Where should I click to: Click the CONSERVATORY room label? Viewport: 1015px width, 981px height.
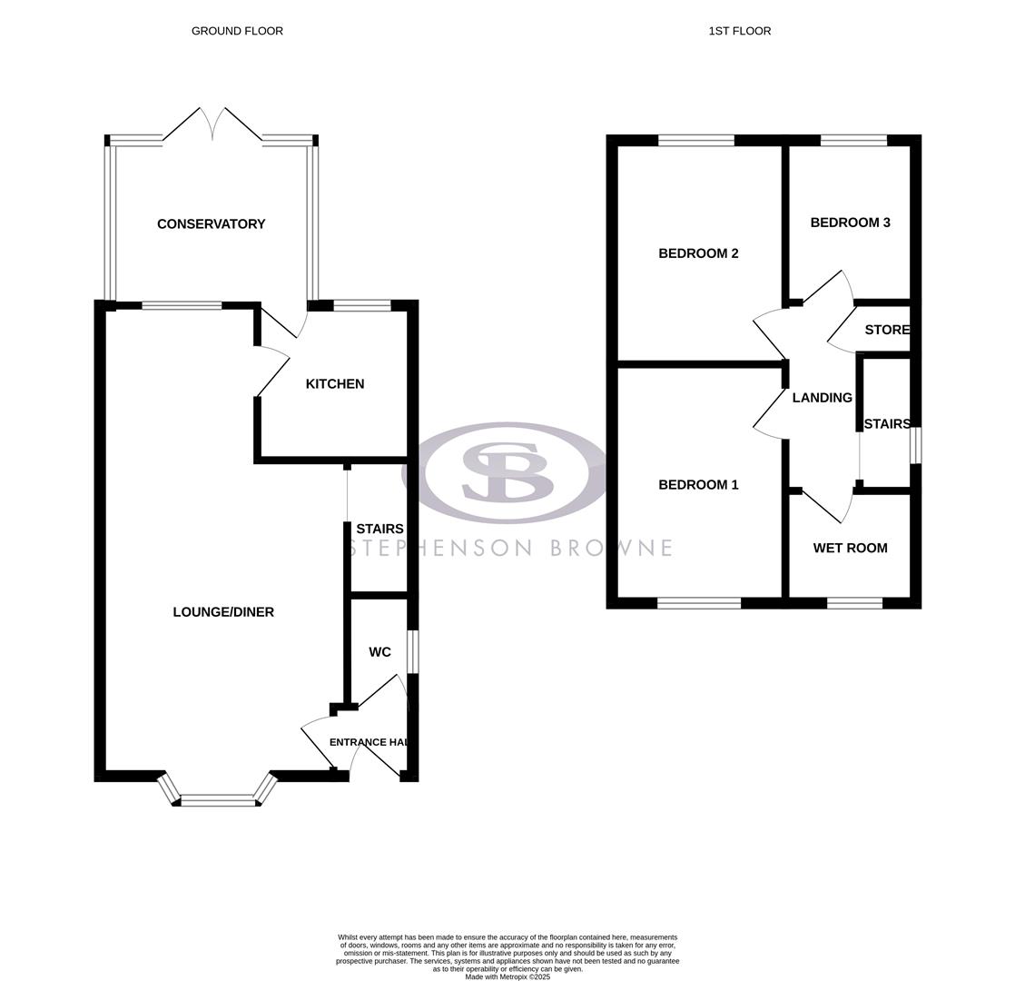coord(211,224)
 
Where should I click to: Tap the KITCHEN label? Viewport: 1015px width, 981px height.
coord(335,384)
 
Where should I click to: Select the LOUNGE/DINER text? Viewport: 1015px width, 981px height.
coord(223,612)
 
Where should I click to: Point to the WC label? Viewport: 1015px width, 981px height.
coord(379,652)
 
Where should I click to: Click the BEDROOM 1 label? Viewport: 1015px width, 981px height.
coord(698,485)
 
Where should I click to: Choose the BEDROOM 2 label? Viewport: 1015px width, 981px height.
coord(698,253)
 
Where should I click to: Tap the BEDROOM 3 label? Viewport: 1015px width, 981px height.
coord(850,223)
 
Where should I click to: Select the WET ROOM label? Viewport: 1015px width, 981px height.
coord(850,548)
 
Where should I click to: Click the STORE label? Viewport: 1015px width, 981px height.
coord(886,330)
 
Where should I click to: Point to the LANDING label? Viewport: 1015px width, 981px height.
coord(822,398)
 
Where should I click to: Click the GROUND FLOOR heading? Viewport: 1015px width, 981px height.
coord(237,31)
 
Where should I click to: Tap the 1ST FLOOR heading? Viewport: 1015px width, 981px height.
coord(739,31)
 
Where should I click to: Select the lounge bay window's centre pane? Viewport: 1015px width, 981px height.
coord(218,800)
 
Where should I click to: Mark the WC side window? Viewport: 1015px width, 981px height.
coord(412,651)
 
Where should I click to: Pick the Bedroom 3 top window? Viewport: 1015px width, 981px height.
coord(853,140)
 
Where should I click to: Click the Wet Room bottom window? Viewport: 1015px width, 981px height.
coord(854,603)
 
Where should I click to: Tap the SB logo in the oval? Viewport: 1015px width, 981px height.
coord(508,472)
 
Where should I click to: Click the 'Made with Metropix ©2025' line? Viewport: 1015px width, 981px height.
coord(507,976)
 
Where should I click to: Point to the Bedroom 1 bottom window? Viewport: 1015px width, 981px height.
coord(698,603)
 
